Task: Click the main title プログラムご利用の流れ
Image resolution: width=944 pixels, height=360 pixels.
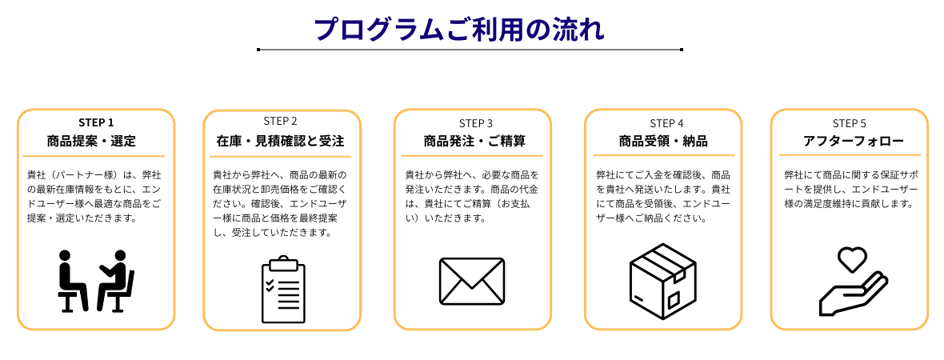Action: (x=458, y=30)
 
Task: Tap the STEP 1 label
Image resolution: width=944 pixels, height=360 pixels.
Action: (x=96, y=122)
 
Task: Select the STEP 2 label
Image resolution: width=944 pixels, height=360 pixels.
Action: (x=280, y=122)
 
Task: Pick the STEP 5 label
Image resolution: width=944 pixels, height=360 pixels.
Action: (x=849, y=123)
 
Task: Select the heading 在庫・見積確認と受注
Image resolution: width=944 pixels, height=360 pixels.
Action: (x=280, y=142)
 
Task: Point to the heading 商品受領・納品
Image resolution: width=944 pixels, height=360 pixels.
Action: (x=663, y=142)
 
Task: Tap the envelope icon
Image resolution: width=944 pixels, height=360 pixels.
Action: (x=472, y=281)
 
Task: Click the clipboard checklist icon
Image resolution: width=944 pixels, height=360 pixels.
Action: (x=283, y=290)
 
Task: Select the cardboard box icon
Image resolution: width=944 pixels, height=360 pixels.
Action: (x=663, y=281)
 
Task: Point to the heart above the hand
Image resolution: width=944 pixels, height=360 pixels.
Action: (x=852, y=259)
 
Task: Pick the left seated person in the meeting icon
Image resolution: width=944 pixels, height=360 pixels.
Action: (x=71, y=280)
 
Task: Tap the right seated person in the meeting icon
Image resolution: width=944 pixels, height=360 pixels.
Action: (x=116, y=280)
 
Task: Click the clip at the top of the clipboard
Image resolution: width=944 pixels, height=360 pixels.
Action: (x=283, y=262)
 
